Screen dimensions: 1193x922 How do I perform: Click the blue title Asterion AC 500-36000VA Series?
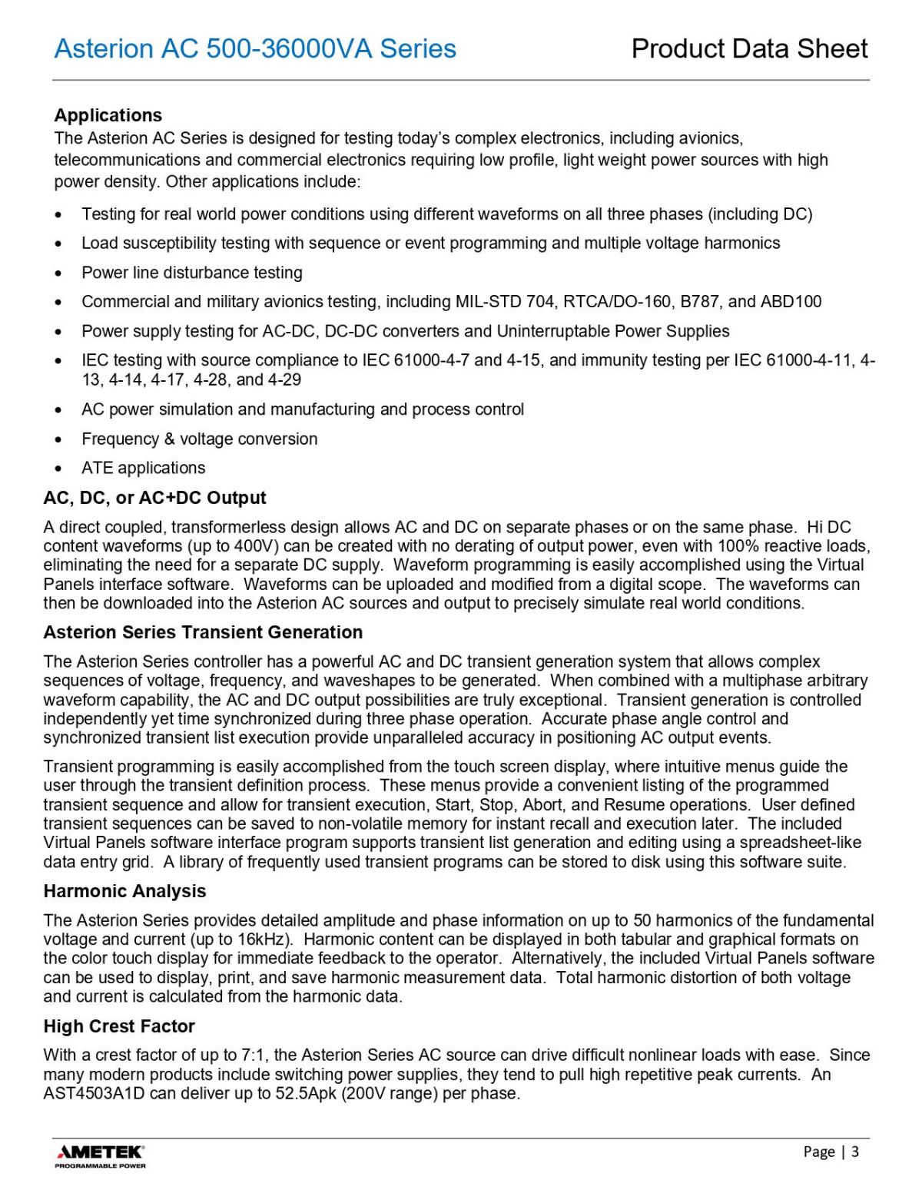point(255,49)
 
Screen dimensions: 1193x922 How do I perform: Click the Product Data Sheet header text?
point(749,49)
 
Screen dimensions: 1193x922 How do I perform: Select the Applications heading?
point(108,115)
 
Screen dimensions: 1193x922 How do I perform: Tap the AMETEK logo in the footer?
point(100,1155)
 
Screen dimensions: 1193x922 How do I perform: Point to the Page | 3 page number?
point(831,1152)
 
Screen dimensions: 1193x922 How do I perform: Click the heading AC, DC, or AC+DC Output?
point(154,498)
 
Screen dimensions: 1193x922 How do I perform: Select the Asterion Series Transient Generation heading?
point(203,632)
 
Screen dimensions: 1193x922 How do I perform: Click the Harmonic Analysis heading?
point(124,891)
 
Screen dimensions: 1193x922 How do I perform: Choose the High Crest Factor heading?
point(119,1026)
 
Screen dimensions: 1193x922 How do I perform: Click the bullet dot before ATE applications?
point(58,469)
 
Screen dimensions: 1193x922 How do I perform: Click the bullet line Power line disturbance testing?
point(192,273)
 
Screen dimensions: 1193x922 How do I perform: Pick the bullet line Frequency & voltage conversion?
point(200,439)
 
